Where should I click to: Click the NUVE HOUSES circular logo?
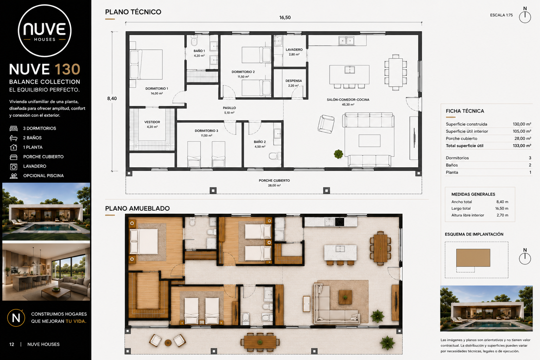(45, 31)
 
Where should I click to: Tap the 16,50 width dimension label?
(285, 18)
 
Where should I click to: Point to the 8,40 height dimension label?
(112, 98)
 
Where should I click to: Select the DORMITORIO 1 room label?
(157, 89)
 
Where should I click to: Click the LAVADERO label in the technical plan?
(294, 50)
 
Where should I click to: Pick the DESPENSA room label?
(294, 81)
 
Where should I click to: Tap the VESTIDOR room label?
(152, 122)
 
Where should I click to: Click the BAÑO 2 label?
(260, 142)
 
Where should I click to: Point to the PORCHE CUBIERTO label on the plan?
(274, 180)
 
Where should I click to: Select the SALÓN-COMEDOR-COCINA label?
(348, 99)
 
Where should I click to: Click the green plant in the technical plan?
(338, 154)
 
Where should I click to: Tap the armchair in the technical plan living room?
(326, 124)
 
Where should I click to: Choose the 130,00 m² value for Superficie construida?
(522, 124)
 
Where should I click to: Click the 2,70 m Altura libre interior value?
(502, 215)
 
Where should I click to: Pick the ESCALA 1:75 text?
(501, 15)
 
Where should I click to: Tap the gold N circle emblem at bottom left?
(16, 318)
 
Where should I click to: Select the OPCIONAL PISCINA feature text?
(43, 176)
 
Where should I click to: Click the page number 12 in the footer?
(12, 344)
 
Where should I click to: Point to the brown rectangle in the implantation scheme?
(473, 258)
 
